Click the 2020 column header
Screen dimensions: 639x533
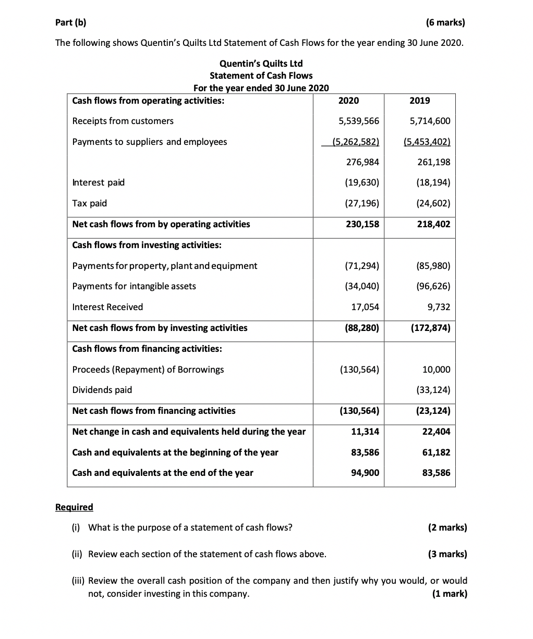click(x=348, y=101)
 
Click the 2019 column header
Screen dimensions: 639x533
click(x=420, y=101)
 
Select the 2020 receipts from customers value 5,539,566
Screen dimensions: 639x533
click(x=359, y=121)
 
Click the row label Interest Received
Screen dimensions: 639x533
click(x=107, y=307)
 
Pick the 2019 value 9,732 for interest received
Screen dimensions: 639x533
click(x=439, y=307)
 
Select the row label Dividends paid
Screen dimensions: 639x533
click(x=102, y=390)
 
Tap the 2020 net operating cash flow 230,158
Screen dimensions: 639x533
click(x=363, y=224)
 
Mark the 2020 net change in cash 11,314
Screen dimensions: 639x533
click(x=366, y=432)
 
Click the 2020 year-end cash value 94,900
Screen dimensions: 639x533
click(x=366, y=473)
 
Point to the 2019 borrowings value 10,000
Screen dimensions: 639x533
click(x=436, y=370)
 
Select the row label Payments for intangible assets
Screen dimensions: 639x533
click(x=134, y=286)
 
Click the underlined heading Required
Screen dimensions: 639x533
click(x=74, y=507)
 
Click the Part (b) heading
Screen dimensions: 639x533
click(x=71, y=22)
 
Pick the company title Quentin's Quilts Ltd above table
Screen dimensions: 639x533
click(x=261, y=64)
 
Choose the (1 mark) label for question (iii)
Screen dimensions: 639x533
click(x=450, y=594)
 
